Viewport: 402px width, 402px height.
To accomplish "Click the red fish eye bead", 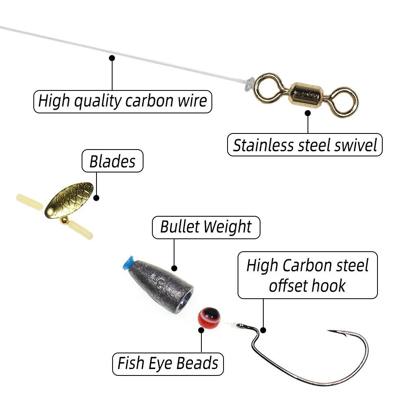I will [x=209, y=317].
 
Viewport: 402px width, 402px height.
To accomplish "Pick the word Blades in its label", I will [x=112, y=161].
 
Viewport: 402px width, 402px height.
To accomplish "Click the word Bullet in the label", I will [x=179, y=227].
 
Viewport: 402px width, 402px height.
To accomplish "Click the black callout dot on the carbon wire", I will [x=112, y=58].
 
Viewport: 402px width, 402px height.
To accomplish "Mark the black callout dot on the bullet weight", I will [x=174, y=268].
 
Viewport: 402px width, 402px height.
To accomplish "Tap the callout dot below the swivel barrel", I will [x=308, y=113].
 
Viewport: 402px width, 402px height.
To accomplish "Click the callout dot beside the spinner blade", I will [x=96, y=197].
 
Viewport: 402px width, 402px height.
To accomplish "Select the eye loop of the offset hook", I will [x=240, y=325].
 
